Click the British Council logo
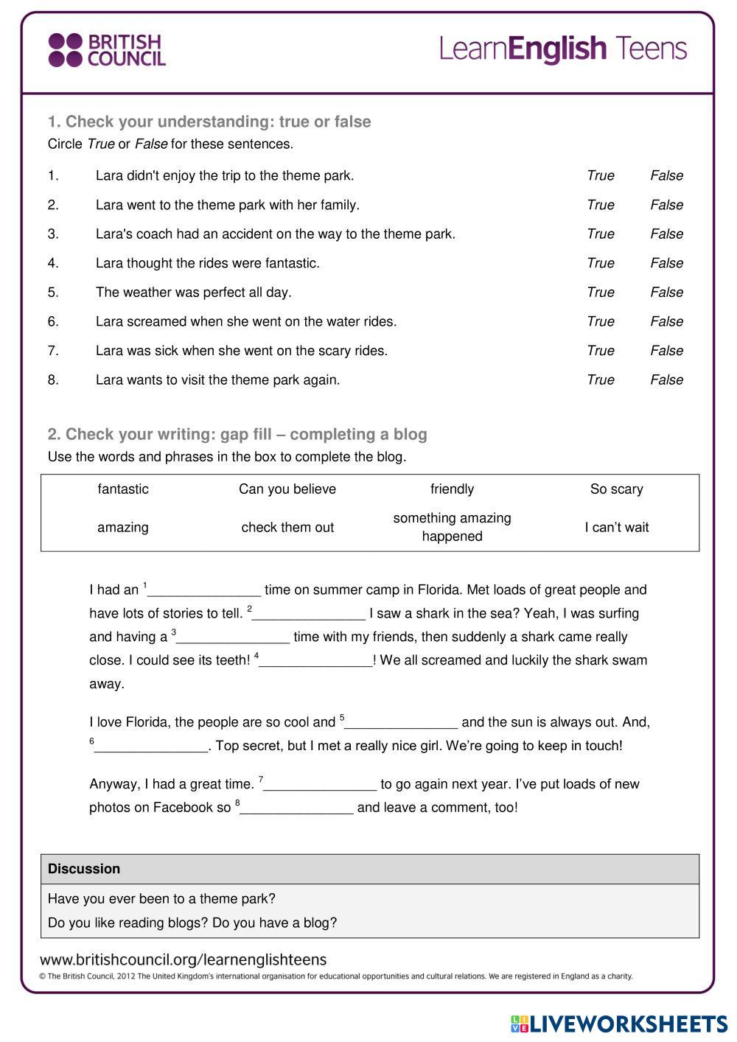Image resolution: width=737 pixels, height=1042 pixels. pyautogui.click(x=107, y=50)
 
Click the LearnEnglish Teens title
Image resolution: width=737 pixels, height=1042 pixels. pyautogui.click(x=563, y=49)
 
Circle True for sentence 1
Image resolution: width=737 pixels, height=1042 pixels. pyautogui.click(x=600, y=175)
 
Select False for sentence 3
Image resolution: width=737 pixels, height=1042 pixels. pyautogui.click(x=666, y=234)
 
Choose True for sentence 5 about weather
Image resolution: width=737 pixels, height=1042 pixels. pyautogui.click(x=600, y=292)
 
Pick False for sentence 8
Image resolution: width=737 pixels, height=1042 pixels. pyautogui.click(x=666, y=380)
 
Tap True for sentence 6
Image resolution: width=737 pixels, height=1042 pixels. pyautogui.click(x=600, y=321)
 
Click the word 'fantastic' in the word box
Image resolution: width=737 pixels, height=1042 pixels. pyautogui.click(x=123, y=489)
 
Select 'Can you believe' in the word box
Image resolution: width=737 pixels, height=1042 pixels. pyautogui.click(x=287, y=489)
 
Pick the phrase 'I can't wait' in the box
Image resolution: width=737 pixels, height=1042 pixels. pyautogui.click(x=617, y=528)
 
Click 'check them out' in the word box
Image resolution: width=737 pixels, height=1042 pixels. pyautogui.click(x=287, y=528)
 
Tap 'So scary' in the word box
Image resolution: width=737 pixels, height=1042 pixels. pyautogui.click(x=617, y=489)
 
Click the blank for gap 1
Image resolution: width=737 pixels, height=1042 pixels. pyautogui.click(x=204, y=591)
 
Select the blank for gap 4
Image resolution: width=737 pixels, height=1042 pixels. pyautogui.click(x=316, y=662)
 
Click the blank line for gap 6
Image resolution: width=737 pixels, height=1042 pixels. pyautogui.click(x=151, y=747)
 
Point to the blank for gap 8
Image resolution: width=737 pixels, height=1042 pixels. pyautogui.click(x=296, y=809)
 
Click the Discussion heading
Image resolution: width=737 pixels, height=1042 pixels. pyautogui.click(x=84, y=869)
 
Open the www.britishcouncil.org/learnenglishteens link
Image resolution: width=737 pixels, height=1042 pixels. pyautogui.click(x=183, y=959)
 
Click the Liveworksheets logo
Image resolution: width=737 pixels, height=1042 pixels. pyautogui.click(x=619, y=1024)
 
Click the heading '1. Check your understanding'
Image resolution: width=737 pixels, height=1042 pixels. pyautogui.click(x=209, y=122)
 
